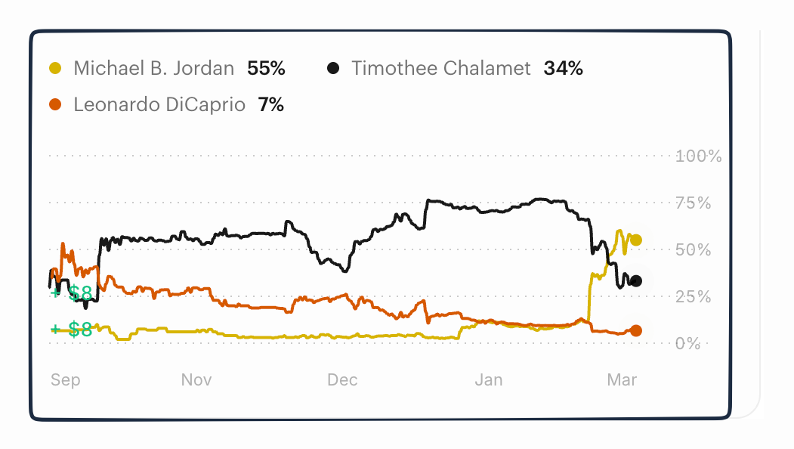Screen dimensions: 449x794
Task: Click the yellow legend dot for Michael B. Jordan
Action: coord(55,69)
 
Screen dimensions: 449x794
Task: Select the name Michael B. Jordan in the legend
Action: coord(153,69)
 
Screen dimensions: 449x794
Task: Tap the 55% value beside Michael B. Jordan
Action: coord(266,69)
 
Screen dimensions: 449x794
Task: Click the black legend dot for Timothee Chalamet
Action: coord(333,69)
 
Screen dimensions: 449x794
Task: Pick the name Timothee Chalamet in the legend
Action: coord(441,69)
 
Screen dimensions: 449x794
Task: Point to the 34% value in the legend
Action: coord(563,69)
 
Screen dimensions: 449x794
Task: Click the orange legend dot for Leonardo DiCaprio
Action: coord(55,105)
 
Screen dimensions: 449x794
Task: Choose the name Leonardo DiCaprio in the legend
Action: coord(159,105)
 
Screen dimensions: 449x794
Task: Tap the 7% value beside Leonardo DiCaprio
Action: coord(270,105)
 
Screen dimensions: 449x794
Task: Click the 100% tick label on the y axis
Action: coord(699,156)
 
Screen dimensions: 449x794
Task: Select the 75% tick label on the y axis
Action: coord(694,203)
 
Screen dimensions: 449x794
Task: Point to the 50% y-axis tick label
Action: coord(694,250)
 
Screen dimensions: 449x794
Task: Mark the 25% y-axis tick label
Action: coord(694,297)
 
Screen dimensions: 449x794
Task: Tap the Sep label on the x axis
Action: coord(65,379)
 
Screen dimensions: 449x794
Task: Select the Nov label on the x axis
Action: coord(196,379)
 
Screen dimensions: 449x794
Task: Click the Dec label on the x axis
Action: coord(342,379)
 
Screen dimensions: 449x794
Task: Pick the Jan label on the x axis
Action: coord(488,379)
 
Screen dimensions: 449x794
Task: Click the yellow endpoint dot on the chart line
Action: coord(636,240)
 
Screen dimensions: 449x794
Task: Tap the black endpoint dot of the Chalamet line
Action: coord(636,281)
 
